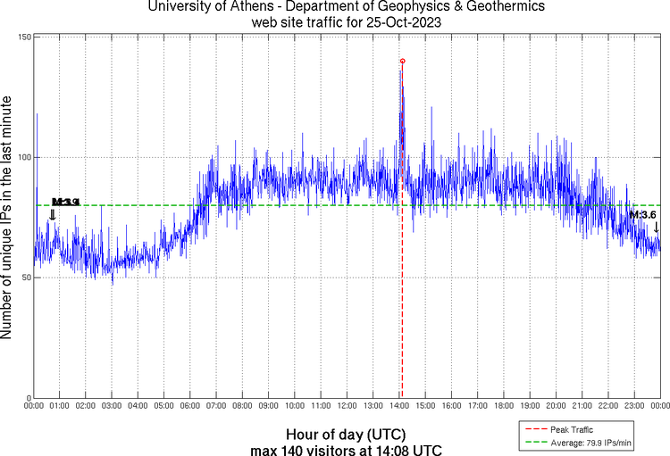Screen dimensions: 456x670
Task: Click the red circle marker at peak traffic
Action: (x=403, y=61)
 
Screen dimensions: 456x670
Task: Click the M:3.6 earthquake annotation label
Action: (x=643, y=215)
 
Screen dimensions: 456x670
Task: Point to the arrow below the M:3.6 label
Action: (x=657, y=227)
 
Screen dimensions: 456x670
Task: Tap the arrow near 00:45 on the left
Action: (x=53, y=214)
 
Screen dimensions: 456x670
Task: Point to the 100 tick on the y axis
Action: (x=24, y=158)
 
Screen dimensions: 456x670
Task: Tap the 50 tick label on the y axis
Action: (x=26, y=278)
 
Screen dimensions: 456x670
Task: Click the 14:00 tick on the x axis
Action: (x=400, y=406)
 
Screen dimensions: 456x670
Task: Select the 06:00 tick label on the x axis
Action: (x=190, y=406)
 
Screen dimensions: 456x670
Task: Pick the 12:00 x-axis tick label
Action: (x=348, y=406)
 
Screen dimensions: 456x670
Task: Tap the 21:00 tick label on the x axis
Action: (x=583, y=406)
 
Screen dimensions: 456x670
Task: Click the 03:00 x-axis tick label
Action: (x=112, y=406)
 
